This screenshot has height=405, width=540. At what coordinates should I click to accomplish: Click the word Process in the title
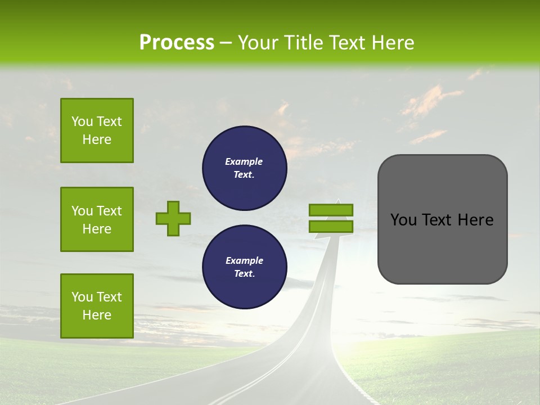(177, 43)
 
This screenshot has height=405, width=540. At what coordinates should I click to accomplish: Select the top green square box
(97, 130)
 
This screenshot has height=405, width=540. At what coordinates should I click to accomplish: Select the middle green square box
(97, 219)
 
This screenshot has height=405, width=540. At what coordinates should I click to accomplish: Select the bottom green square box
(97, 305)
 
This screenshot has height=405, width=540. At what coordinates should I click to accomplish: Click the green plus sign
(173, 218)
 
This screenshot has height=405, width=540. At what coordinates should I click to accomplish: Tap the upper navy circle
(244, 168)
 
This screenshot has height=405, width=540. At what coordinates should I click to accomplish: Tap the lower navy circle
(244, 267)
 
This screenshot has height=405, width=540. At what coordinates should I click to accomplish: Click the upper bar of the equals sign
(331, 210)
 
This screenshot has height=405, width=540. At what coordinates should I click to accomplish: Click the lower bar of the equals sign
(331, 226)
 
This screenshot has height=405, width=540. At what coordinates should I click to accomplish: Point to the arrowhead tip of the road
(338, 200)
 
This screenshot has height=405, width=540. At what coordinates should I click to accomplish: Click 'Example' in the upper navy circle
(244, 161)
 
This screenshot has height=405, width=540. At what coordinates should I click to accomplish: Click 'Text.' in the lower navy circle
(244, 274)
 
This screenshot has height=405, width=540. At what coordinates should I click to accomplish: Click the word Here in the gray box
(475, 220)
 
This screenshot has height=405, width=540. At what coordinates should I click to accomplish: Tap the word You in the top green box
(82, 121)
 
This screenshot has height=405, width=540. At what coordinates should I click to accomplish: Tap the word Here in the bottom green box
(97, 315)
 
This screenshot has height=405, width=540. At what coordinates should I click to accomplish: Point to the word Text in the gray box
(436, 220)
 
